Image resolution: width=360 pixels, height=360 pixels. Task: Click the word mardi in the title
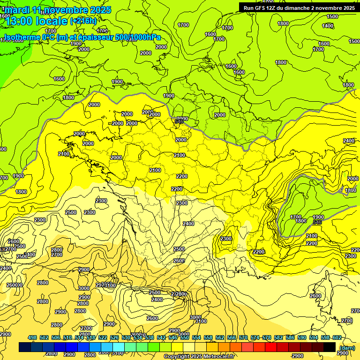[17, 10]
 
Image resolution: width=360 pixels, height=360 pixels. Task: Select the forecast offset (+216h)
[83, 21]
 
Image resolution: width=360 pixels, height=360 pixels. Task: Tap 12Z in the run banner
[276, 7]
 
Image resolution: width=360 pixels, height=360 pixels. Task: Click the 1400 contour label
[328, 26]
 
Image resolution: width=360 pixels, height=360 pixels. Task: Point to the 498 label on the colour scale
[32, 337]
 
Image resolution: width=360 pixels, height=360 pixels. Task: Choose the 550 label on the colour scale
[185, 337]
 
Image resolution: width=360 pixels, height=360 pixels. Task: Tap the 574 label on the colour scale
[255, 337]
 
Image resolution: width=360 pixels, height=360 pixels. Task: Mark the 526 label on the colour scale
[114, 337]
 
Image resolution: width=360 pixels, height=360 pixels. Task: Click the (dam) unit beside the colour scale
[347, 348]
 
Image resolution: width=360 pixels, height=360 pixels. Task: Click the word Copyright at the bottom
[179, 357]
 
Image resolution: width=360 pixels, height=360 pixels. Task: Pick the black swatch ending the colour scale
[330, 347]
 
